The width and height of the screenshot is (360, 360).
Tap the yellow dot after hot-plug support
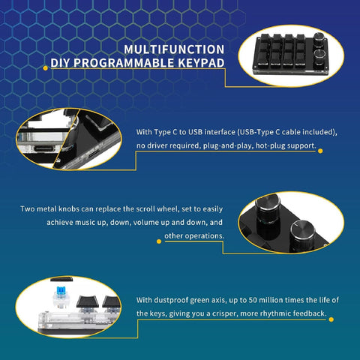tap(321, 150)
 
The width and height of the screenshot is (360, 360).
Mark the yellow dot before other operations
tap(159, 241)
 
